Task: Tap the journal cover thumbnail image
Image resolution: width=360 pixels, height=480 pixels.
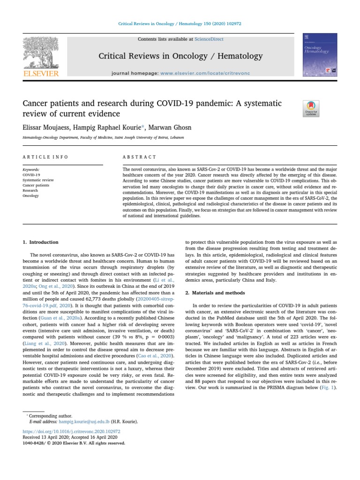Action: [x=320, y=55]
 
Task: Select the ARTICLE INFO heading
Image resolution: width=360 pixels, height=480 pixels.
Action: [x=45, y=157]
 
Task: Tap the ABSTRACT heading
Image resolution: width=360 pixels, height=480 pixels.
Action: [x=139, y=157]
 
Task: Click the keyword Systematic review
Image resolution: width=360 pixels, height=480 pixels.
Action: [x=38, y=180]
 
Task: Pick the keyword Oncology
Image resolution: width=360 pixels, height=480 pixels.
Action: [x=30, y=196]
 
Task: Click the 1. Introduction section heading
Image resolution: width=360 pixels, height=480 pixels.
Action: [x=41, y=242]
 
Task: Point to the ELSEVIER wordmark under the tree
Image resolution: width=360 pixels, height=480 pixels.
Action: [x=41, y=74]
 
